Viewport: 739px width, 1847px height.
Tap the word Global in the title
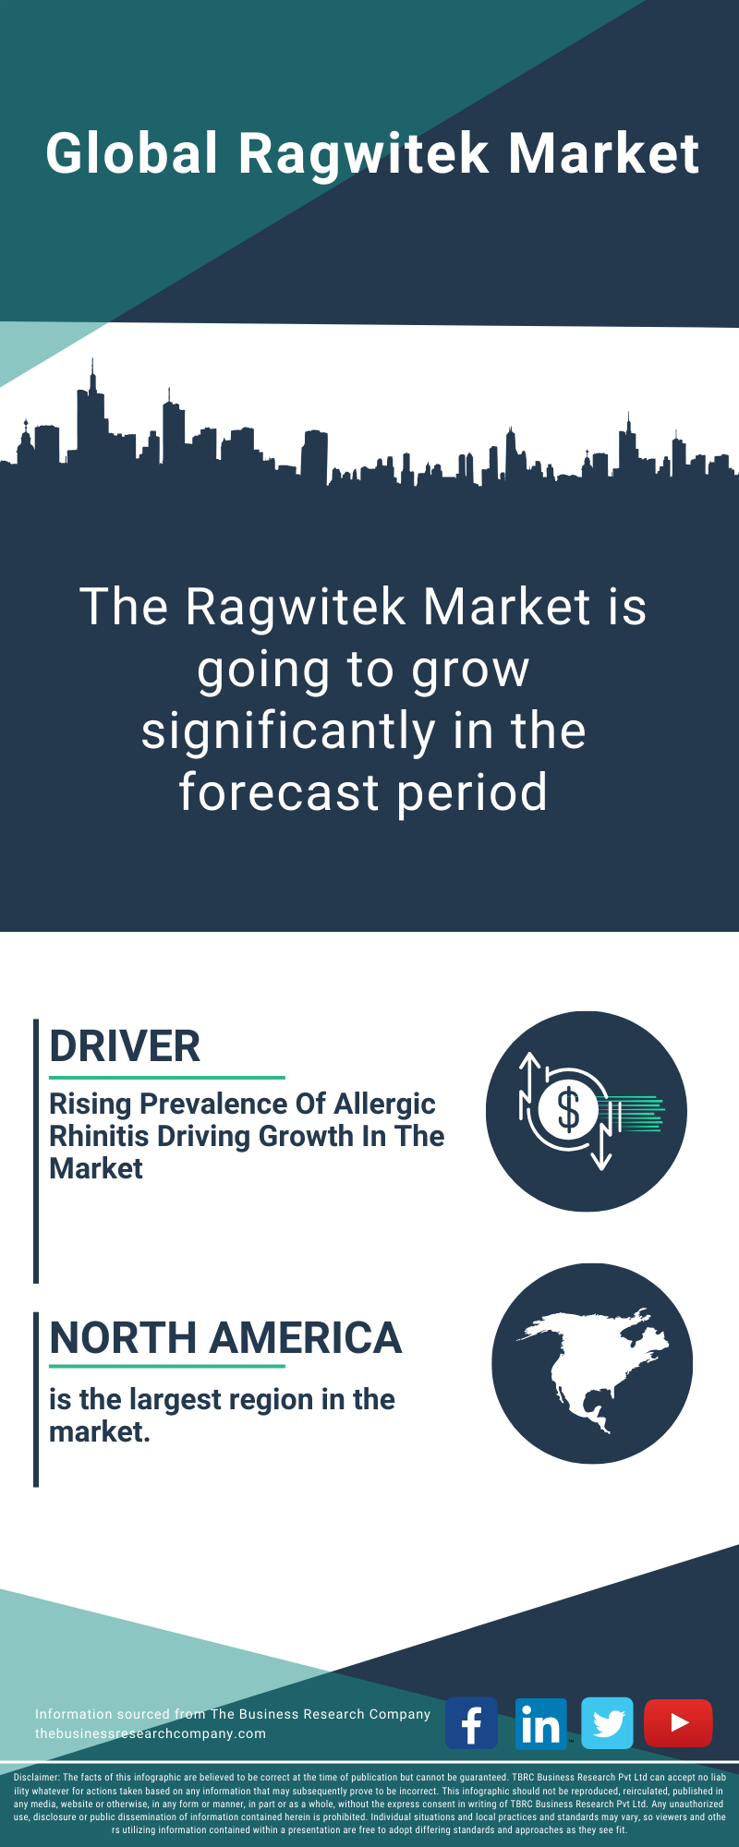point(133,152)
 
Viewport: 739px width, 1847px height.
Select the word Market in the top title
point(604,152)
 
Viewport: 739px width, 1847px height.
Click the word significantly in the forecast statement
point(288,732)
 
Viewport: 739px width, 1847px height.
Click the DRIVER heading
point(125,1046)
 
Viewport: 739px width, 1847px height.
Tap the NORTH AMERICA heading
point(225,1338)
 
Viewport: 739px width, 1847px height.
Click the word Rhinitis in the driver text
point(101,1136)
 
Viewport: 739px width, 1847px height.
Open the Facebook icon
point(471,1723)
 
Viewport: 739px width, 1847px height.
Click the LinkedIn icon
point(540,1723)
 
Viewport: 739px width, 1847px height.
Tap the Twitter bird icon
point(608,1723)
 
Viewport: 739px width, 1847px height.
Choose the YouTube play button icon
point(678,1723)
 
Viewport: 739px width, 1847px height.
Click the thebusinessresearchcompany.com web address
point(151,1733)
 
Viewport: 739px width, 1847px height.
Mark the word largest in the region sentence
point(176,1401)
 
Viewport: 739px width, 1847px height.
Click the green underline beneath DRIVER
point(167,1077)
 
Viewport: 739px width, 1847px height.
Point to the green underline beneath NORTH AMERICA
point(167,1366)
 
